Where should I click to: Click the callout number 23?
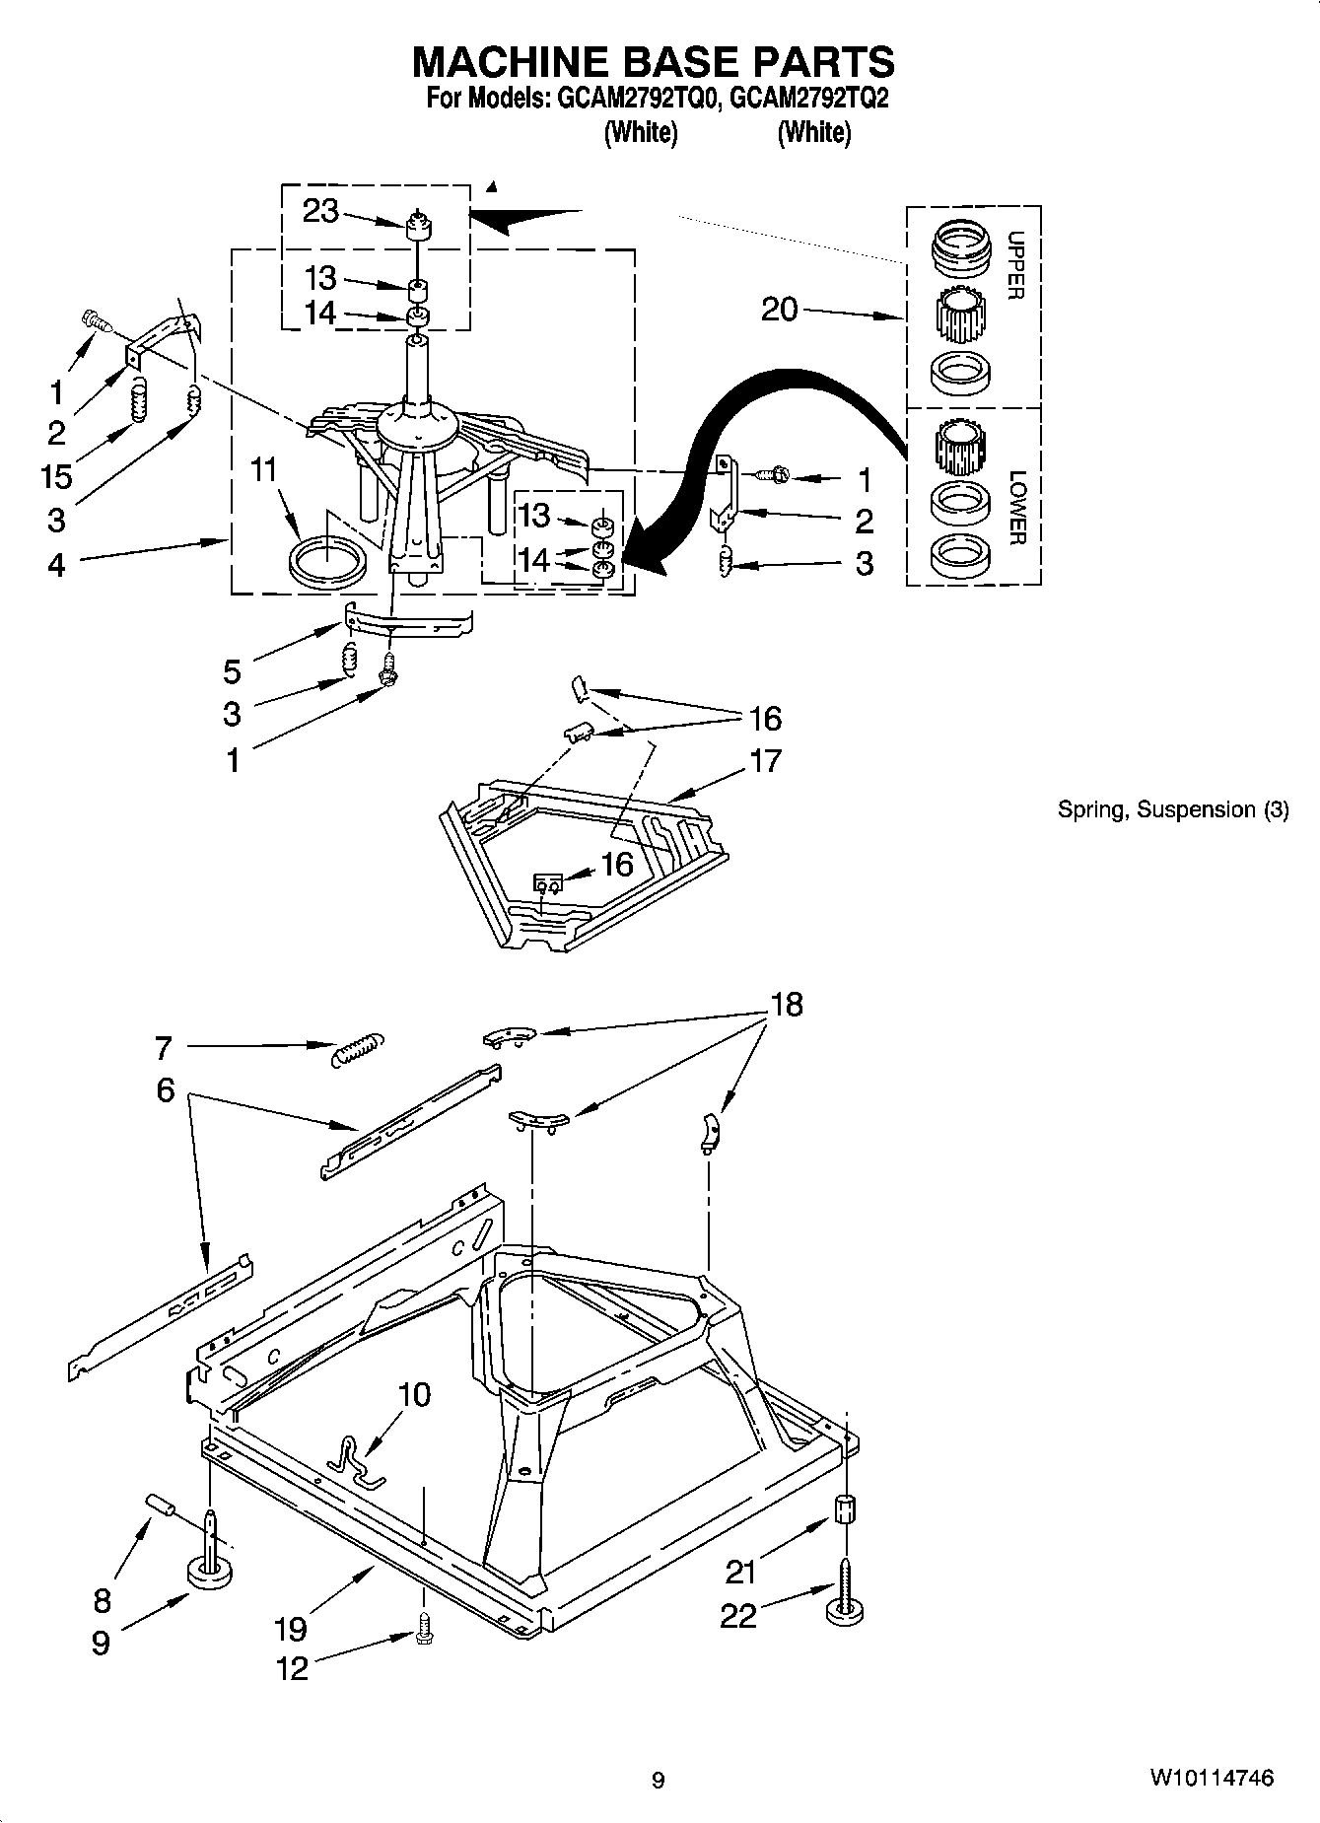pos(320,211)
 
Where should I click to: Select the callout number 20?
pos(779,310)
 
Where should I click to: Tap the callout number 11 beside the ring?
pos(263,471)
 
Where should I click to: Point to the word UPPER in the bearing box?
pos(1016,265)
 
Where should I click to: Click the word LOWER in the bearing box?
pos(1017,507)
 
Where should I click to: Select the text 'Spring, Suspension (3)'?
pos(1172,810)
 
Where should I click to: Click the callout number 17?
pos(765,761)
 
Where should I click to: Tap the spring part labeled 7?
pos(357,1048)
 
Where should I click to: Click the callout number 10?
pos(415,1394)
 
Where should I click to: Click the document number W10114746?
pos(1210,1778)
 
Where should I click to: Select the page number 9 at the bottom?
pos(658,1780)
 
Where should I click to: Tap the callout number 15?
pos(56,477)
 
